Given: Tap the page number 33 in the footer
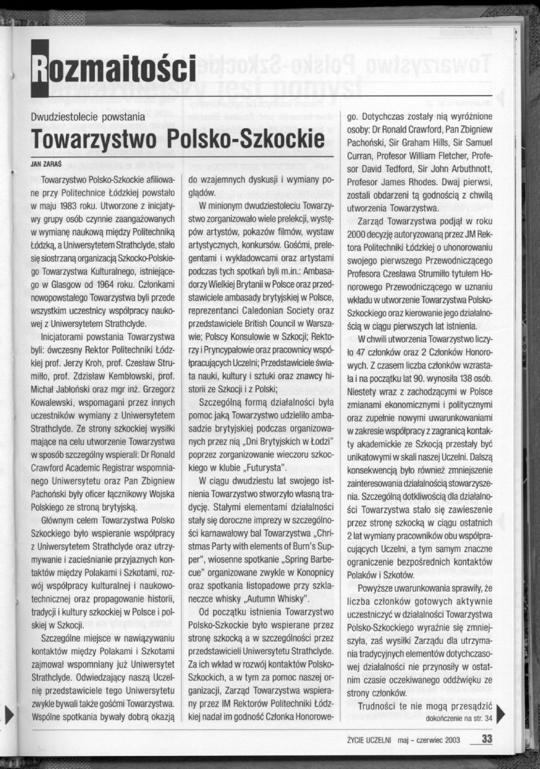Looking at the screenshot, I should coord(487,739).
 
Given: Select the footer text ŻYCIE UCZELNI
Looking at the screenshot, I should coord(372,739).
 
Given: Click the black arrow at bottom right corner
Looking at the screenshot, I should coord(500,711).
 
